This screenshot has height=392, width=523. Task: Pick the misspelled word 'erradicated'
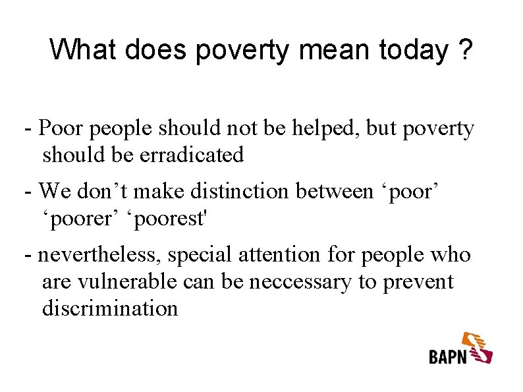point(191,155)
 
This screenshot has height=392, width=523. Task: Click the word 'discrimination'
point(110,308)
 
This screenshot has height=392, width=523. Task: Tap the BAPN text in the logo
point(448,356)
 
